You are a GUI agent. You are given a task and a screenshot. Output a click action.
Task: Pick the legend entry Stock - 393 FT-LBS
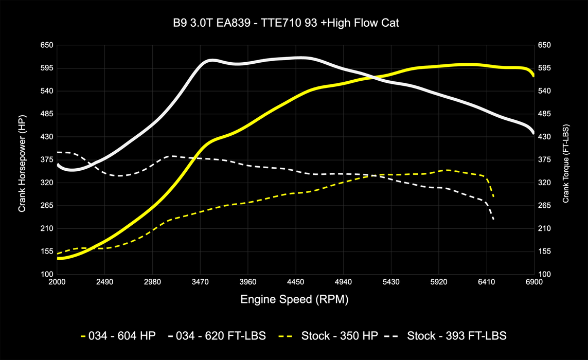(x=457, y=336)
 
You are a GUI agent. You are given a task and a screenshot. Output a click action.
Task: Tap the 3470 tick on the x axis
(x=200, y=282)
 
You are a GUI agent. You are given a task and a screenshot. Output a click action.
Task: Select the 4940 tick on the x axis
(x=343, y=282)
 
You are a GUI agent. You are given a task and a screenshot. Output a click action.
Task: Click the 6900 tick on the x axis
(x=534, y=282)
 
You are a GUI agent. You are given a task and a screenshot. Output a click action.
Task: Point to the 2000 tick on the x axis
(x=57, y=282)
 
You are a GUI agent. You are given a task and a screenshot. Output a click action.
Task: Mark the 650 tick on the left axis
(x=47, y=45)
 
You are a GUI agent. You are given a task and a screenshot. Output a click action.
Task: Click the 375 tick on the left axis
(x=47, y=159)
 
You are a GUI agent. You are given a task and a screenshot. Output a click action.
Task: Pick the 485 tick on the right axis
(x=544, y=114)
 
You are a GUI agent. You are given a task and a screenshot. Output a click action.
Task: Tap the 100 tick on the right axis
(x=544, y=274)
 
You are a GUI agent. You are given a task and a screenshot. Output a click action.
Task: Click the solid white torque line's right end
(x=533, y=133)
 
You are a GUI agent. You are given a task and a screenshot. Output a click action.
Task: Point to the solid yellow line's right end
(x=533, y=75)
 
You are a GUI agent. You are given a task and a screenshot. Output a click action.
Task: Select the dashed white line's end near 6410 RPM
(x=494, y=220)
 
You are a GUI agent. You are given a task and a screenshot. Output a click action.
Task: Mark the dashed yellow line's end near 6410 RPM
(x=494, y=197)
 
